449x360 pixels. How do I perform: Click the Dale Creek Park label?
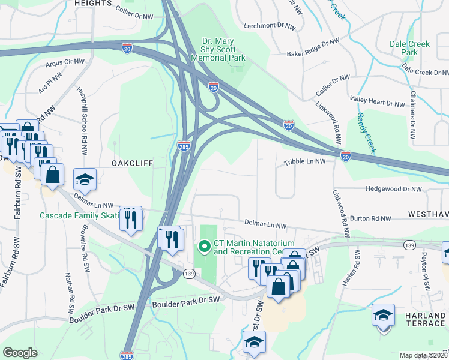[410, 48]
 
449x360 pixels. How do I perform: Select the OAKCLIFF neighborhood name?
[132, 163]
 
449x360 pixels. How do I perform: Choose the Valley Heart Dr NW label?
[378, 103]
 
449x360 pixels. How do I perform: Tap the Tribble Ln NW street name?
[304, 161]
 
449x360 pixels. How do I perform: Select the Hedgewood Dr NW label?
[394, 189]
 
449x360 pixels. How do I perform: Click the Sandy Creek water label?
[366, 132]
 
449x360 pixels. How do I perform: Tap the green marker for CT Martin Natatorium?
[204, 246]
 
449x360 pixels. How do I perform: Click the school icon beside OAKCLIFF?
[85, 179]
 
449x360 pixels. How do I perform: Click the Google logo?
[20, 353]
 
